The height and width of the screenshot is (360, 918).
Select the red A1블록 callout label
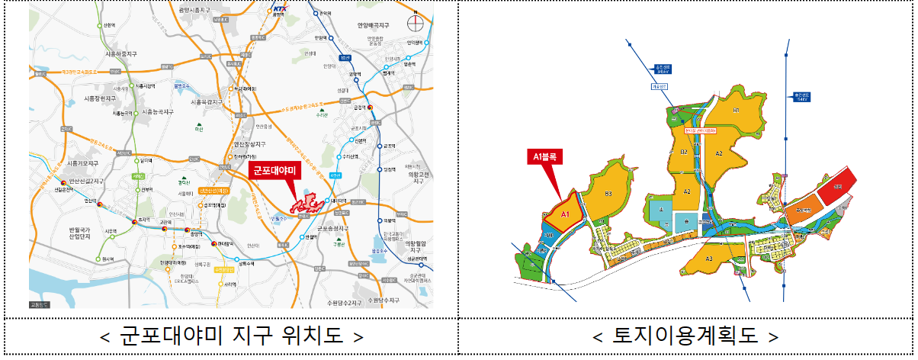coord(545,158)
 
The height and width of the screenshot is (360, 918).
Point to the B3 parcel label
coord(608,194)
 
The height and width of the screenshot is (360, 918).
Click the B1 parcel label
coord(737,111)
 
